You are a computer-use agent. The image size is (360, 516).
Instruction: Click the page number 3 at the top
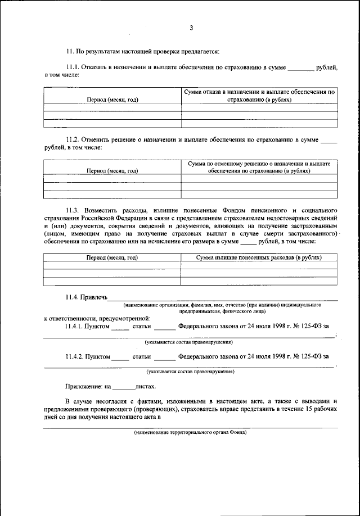click(x=191, y=28)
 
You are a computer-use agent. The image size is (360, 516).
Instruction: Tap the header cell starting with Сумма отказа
click(x=259, y=95)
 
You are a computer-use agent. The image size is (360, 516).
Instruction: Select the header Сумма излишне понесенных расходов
click(x=259, y=257)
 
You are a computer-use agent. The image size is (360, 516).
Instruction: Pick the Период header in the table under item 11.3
click(x=112, y=257)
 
